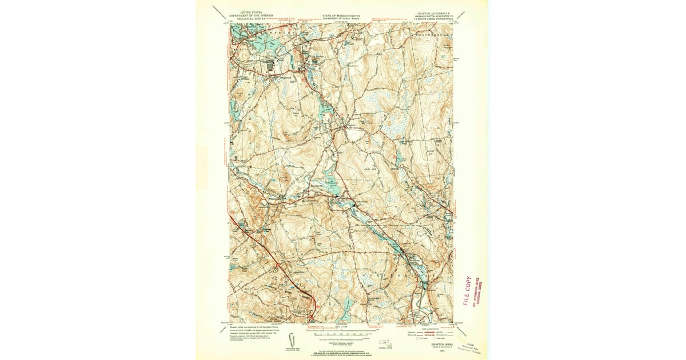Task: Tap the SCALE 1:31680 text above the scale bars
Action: (x=341, y=326)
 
